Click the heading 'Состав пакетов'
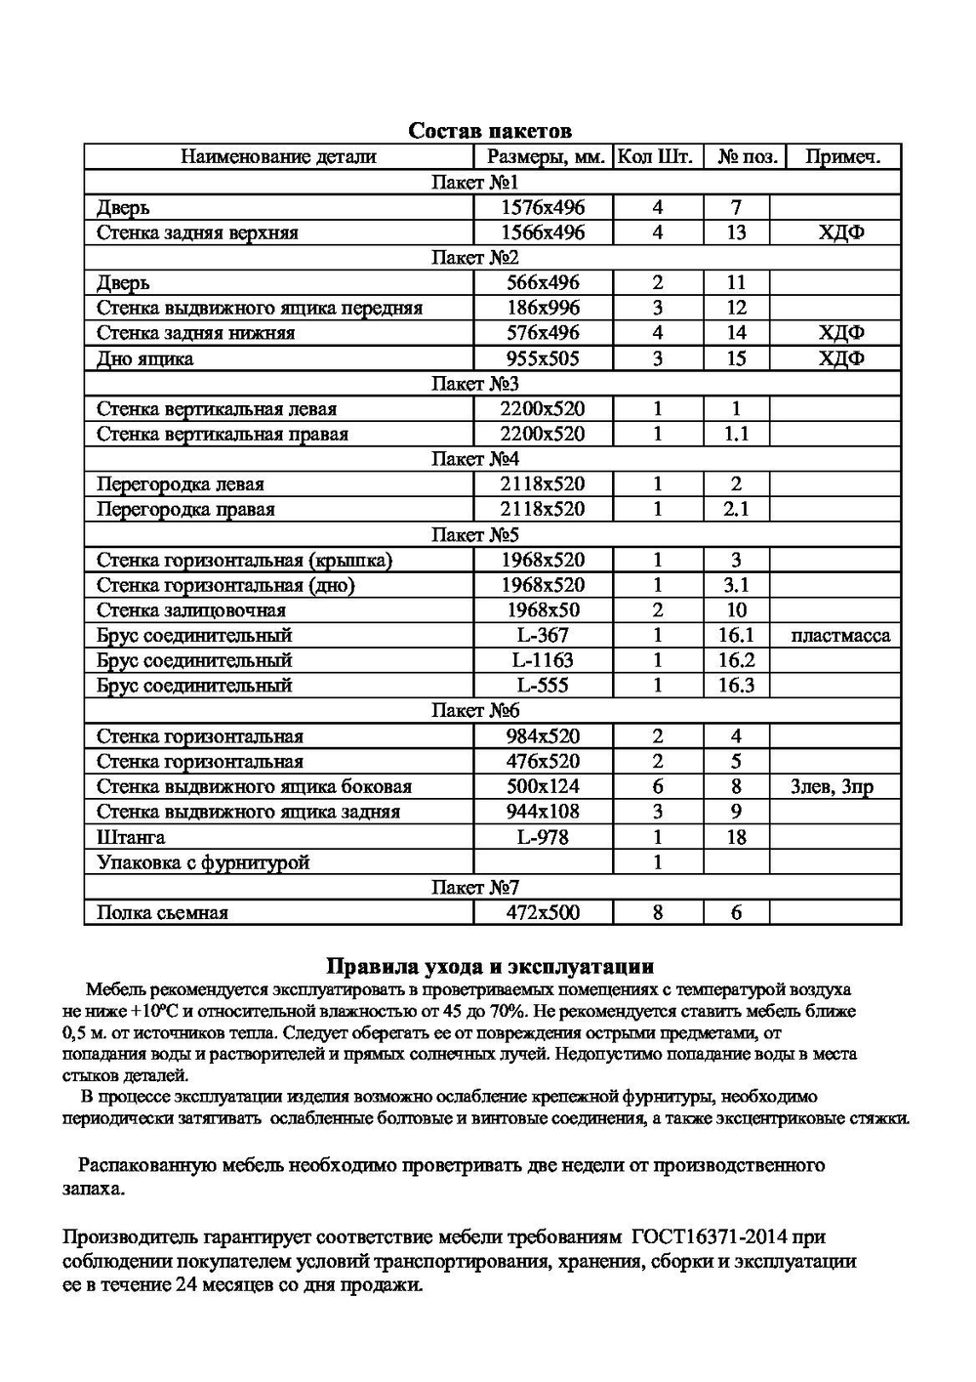click(x=489, y=131)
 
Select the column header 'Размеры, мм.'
click(x=543, y=156)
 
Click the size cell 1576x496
click(x=543, y=207)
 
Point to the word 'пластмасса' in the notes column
click(x=841, y=635)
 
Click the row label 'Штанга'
click(x=131, y=837)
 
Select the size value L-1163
click(x=543, y=660)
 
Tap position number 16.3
click(x=736, y=686)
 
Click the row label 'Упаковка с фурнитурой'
click(x=203, y=862)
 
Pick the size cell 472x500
click(x=543, y=913)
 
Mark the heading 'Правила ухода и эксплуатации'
click(x=489, y=967)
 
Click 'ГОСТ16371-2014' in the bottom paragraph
click(x=706, y=1238)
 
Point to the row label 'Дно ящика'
click(x=144, y=358)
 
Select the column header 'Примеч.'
click(x=841, y=156)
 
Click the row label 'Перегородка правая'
click(x=185, y=509)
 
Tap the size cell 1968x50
click(x=543, y=609)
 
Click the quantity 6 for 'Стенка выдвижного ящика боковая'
click(x=657, y=786)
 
